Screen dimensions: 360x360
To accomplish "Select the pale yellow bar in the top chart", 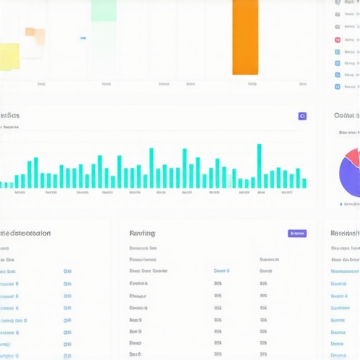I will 9,56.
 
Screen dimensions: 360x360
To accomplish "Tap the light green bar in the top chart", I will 103,10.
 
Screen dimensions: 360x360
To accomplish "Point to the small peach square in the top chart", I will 30,32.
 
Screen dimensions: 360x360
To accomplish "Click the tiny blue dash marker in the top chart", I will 83,38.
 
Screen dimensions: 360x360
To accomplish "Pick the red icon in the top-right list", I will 337,40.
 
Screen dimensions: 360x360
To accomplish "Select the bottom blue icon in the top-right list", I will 337,86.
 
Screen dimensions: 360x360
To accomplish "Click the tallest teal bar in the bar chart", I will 259,166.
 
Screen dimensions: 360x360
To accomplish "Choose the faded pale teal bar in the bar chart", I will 229,181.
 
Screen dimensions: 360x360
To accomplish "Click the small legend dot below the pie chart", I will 341,204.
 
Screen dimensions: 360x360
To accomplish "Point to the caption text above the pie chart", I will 349,131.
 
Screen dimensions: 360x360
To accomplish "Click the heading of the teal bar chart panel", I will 10,115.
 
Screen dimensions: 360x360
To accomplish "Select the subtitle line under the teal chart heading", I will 11,127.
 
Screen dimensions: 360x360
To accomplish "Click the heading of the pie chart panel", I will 346,115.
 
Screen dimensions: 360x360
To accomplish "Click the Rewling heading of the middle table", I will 142,233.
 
